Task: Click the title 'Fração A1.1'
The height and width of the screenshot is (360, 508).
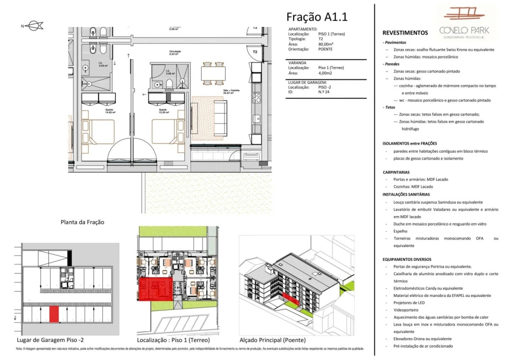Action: [x=317, y=17]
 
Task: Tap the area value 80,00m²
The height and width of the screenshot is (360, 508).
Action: [x=325, y=44]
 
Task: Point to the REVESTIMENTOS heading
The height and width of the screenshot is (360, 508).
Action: [x=405, y=33]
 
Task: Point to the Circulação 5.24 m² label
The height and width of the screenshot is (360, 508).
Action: [x=174, y=53]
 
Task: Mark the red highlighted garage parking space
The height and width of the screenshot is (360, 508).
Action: [x=54, y=314]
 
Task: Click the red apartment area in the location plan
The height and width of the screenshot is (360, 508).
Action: [x=155, y=289]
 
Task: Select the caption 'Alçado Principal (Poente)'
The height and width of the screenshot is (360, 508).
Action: [x=273, y=339]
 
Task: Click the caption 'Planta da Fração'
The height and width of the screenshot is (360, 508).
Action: [x=82, y=222]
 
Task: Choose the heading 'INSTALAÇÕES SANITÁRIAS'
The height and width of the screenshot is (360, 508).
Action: [x=406, y=194]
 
